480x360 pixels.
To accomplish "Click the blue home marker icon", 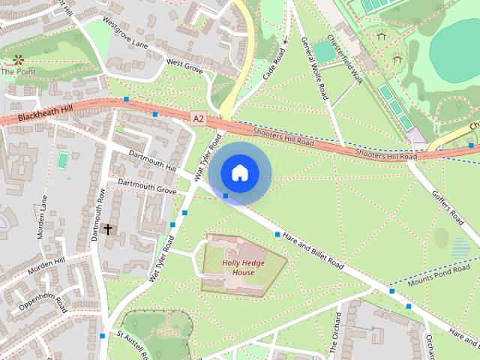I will [x=239, y=173].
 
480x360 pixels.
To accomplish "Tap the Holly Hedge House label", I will [x=243, y=267].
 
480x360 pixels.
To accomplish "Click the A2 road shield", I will [x=198, y=118].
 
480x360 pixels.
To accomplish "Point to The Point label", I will [x=17, y=72].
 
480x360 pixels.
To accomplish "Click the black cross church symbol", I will [x=108, y=228].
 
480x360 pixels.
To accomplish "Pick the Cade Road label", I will [x=274, y=63].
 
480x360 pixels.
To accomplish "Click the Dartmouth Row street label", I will [x=98, y=213].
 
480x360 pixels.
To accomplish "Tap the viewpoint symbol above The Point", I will [x=17, y=58].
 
